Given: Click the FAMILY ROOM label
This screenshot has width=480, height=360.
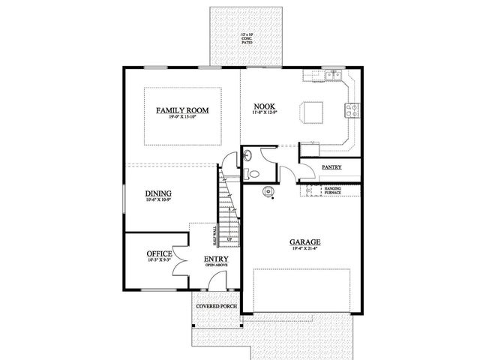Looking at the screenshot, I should [182, 110].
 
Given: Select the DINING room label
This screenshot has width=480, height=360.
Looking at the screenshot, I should [157, 193].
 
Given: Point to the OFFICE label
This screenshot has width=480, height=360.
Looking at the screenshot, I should [160, 253].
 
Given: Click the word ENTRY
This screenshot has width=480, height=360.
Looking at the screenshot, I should [216, 259].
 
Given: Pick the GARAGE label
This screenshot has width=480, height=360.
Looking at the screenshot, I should [305, 242].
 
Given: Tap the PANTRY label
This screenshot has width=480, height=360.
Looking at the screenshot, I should [331, 166].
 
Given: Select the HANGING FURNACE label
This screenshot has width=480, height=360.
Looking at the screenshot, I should [333, 190].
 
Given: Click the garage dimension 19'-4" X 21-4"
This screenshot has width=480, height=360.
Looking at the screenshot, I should [305, 250].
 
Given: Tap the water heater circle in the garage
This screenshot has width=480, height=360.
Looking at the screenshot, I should [268, 192].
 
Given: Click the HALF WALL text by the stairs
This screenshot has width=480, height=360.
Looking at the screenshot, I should [215, 235].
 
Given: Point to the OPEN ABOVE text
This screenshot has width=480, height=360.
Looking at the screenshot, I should [216, 266].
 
